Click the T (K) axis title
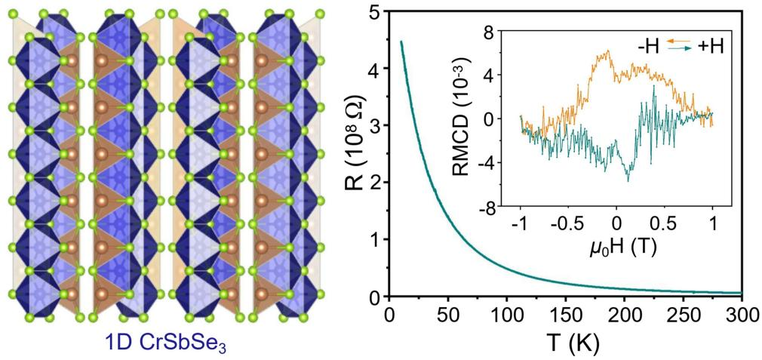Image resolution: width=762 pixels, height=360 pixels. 565,344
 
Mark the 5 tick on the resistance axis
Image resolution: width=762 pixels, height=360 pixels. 373,11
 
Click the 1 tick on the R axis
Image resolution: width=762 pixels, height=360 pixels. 373,240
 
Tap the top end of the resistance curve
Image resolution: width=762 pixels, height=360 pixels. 401,42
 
